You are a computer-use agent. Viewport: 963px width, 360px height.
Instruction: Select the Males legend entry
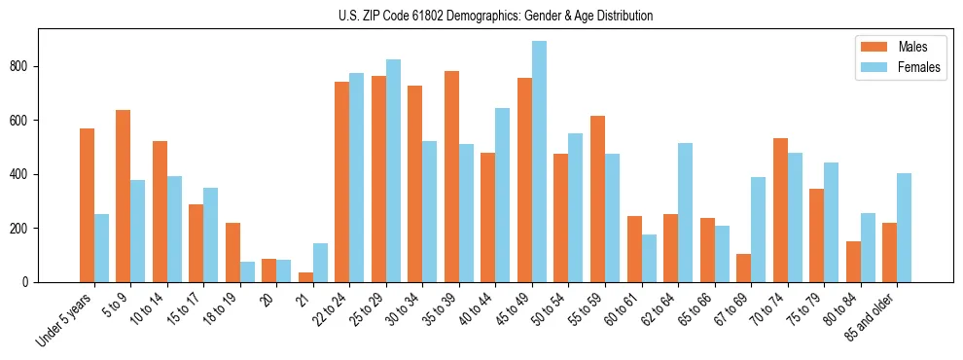click(912, 47)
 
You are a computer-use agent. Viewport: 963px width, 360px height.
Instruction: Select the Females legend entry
click(919, 67)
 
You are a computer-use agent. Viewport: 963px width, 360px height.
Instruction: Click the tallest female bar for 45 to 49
click(539, 162)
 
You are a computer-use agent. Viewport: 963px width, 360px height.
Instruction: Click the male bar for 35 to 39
click(451, 176)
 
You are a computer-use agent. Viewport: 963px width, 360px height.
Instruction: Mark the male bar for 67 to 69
click(743, 268)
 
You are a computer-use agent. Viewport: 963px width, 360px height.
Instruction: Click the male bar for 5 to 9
click(124, 196)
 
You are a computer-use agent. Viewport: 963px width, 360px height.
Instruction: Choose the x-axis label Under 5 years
click(65, 318)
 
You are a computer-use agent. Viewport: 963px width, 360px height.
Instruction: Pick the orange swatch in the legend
click(872, 47)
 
